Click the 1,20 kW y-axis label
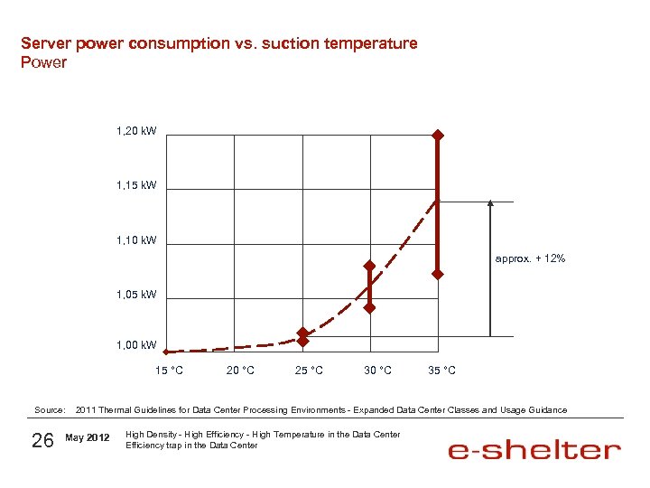tap(136, 132)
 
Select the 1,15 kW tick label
tap(136, 185)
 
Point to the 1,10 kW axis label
tap(136, 240)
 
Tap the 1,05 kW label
tap(136, 295)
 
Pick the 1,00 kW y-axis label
tap(136, 345)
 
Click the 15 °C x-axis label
tap(169, 371)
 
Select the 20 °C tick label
tap(239, 371)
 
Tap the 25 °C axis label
tap(309, 371)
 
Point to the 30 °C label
tap(377, 371)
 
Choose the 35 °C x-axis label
tap(441, 371)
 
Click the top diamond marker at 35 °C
tap(437, 136)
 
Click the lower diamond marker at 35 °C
tap(437, 274)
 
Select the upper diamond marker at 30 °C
tap(369, 266)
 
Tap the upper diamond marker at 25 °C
tap(303, 333)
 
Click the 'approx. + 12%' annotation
tap(531, 259)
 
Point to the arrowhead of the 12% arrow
tap(489, 204)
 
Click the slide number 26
tap(42, 440)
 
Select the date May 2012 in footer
tap(88, 439)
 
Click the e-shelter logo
tap(534, 450)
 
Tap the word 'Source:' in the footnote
tap(50, 410)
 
